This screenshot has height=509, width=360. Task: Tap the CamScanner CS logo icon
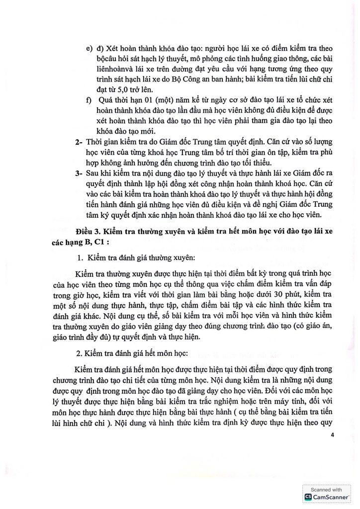(x=308, y=496)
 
